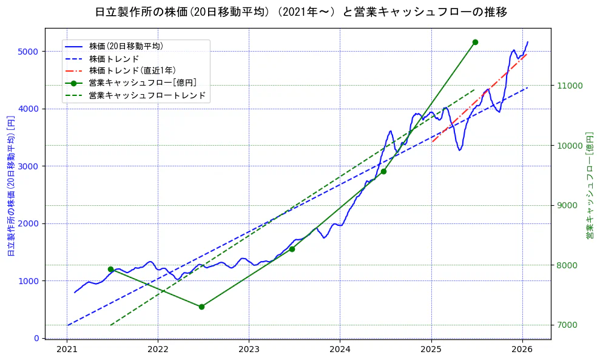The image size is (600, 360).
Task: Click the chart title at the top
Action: click(x=301, y=12)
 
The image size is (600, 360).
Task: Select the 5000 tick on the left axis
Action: click(x=29, y=52)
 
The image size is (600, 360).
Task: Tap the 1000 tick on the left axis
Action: click(x=29, y=281)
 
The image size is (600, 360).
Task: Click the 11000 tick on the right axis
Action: click(x=570, y=86)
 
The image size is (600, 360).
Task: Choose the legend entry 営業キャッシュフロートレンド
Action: click(x=147, y=95)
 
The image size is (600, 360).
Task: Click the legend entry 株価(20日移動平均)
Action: click(x=126, y=46)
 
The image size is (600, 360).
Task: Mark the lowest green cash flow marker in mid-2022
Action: click(x=201, y=307)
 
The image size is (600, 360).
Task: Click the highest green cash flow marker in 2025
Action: click(x=475, y=42)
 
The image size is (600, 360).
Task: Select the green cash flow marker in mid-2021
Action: click(x=110, y=269)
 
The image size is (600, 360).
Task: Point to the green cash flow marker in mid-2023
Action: click(x=292, y=249)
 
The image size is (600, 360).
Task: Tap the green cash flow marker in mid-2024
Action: click(x=383, y=171)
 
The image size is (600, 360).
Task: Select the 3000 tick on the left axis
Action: click(x=29, y=166)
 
